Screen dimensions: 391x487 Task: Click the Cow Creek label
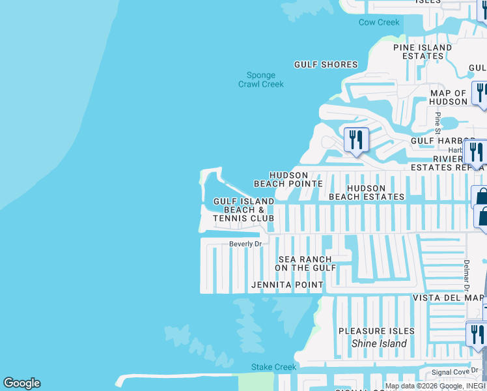pyautogui.click(x=379, y=23)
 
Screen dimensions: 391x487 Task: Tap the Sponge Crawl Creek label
pyautogui.click(x=260, y=80)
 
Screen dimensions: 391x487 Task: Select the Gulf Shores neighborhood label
pyautogui.click(x=326, y=65)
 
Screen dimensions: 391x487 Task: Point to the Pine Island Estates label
pyautogui.click(x=423, y=51)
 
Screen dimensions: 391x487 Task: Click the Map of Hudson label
pyautogui.click(x=448, y=97)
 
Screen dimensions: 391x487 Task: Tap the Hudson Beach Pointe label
pyautogui.click(x=288, y=180)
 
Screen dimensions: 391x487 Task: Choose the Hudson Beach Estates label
pyautogui.click(x=367, y=192)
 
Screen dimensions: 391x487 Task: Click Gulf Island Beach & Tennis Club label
pyautogui.click(x=244, y=210)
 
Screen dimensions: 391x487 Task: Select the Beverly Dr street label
pyautogui.click(x=245, y=244)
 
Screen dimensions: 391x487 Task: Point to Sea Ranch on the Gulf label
pyautogui.click(x=305, y=263)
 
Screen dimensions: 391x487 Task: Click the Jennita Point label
pyautogui.click(x=287, y=285)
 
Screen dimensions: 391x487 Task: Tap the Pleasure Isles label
pyautogui.click(x=376, y=331)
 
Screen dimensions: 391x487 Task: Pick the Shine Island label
pyautogui.click(x=379, y=343)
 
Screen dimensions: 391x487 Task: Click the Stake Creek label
pyautogui.click(x=274, y=367)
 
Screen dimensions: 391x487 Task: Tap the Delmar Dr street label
pyautogui.click(x=467, y=274)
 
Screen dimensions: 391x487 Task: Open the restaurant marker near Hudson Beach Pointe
pyautogui.click(x=356, y=139)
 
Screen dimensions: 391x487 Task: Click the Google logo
pyautogui.click(x=21, y=383)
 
